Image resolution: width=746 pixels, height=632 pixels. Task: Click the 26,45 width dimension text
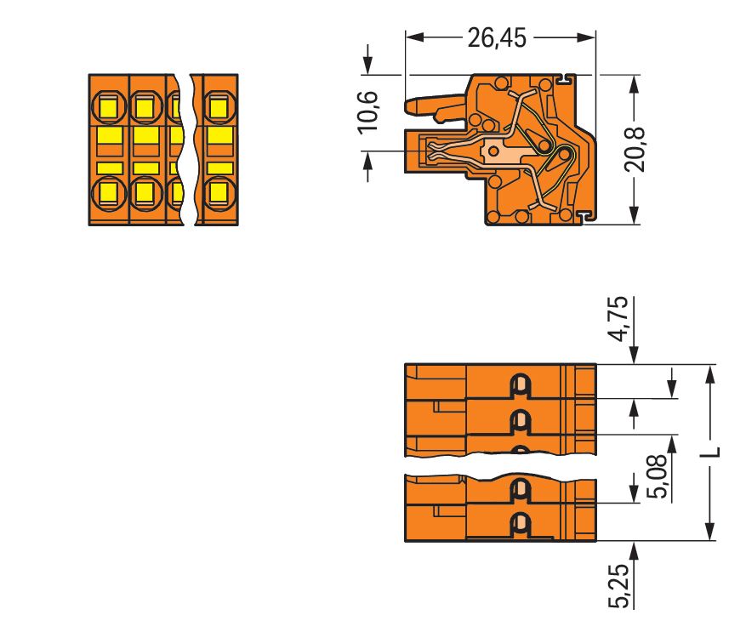[497, 38]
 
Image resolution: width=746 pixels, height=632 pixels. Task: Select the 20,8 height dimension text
[635, 150]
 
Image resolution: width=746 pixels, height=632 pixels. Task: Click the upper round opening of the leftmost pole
[108, 107]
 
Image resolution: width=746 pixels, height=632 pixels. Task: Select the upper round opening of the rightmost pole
[219, 107]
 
